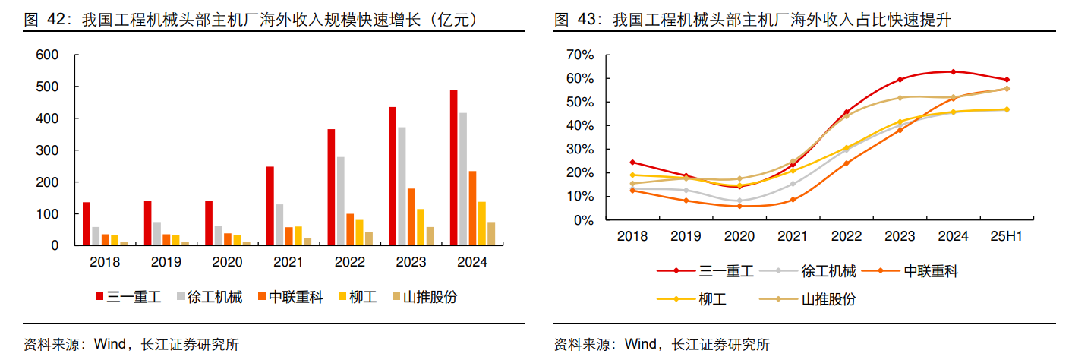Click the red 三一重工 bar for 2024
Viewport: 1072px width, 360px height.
pos(453,168)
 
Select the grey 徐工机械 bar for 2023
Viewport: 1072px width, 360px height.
pos(402,186)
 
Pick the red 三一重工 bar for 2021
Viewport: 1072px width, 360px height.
pos(270,206)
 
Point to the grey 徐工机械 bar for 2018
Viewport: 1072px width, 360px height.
pos(96,236)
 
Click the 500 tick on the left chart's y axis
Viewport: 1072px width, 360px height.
pos(48,87)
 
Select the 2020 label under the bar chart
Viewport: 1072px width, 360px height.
pos(227,263)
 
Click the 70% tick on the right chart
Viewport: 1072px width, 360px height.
pos(581,55)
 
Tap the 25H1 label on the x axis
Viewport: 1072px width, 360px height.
pos(1006,236)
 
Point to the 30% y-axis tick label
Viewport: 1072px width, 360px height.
pos(581,149)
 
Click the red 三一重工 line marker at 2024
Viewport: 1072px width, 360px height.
pos(953,71)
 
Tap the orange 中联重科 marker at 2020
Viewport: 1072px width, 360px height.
pos(739,206)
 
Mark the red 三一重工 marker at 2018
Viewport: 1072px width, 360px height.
pos(632,162)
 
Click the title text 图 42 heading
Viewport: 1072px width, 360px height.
pos(251,19)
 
